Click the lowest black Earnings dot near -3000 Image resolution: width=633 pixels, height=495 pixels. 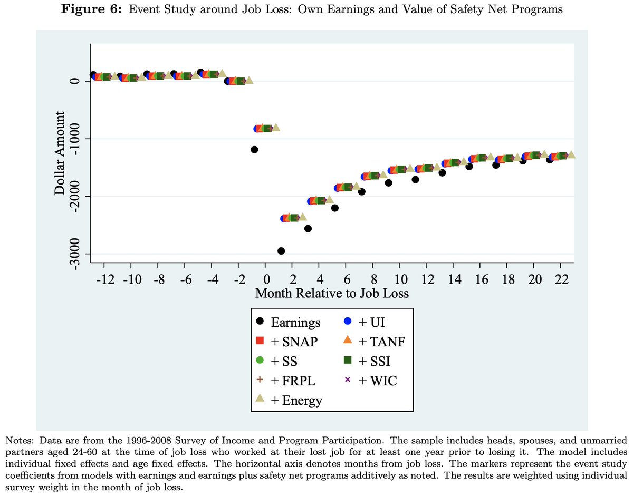tap(281, 251)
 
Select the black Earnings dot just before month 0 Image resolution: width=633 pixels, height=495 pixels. tap(254, 150)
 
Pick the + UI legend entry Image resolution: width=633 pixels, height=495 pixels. tap(369, 322)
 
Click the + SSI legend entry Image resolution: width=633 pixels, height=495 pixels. tap(370, 361)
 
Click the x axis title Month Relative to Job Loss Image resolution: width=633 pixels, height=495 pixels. tap(332, 293)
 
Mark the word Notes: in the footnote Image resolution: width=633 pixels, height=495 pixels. tap(18, 439)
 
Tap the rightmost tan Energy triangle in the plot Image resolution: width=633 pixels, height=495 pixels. tap(571, 155)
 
